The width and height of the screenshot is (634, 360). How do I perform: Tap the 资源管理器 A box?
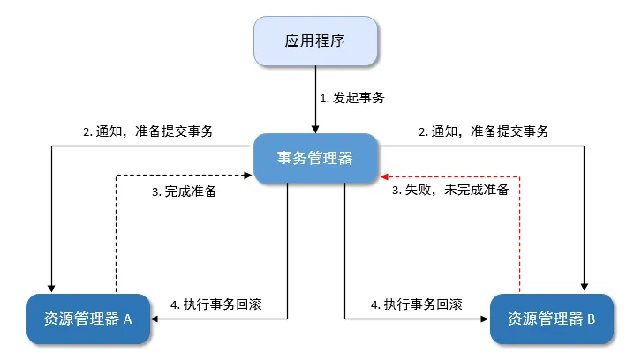[x=87, y=319]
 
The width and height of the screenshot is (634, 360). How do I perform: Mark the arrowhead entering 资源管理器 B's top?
[x=584, y=288]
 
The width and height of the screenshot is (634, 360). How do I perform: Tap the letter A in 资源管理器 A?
[x=126, y=319]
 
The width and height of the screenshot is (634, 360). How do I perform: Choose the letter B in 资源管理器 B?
[x=590, y=319]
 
